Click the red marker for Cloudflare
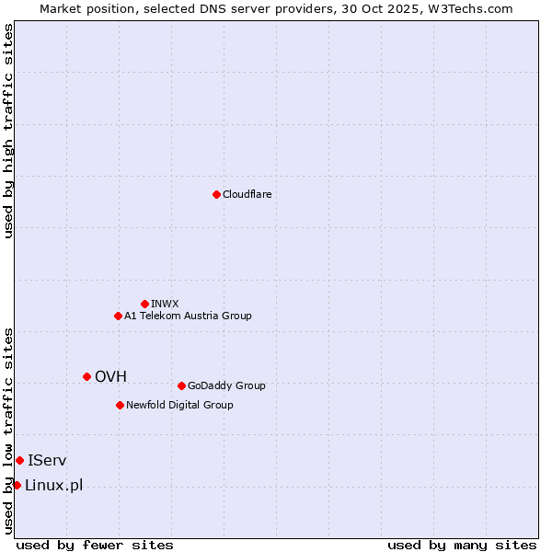coord(216,194)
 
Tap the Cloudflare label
coord(247,195)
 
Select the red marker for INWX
coord(144,304)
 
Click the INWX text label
coord(165,305)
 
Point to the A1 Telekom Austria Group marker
coord(118,316)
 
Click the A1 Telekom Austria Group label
coord(188,316)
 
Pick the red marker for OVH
coord(86,376)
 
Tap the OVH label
coord(110,377)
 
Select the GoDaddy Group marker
coord(181,385)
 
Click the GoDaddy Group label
coord(226,386)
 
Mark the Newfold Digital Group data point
coord(120,405)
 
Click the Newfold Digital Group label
coord(179,406)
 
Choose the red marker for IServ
coord(19,460)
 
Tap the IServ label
coord(47,461)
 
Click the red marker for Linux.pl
coord(17,485)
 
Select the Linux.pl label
coord(53,486)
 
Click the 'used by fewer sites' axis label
coord(95,546)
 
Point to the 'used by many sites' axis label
coord(462,546)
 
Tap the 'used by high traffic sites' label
coord(9,131)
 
